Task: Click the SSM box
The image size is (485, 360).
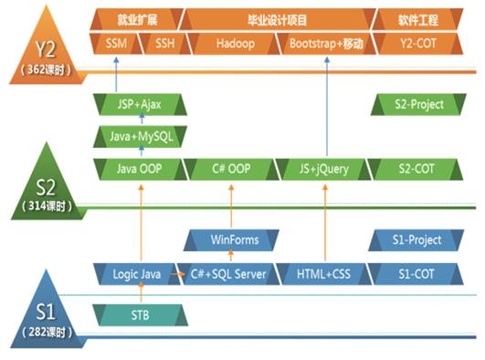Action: [x=115, y=44]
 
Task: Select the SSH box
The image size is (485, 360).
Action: [x=163, y=44]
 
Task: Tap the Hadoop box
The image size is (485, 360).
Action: [x=235, y=44]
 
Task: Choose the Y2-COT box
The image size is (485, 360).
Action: [x=418, y=44]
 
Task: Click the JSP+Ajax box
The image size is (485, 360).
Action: [x=140, y=105]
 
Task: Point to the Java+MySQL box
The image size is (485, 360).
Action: [x=140, y=136]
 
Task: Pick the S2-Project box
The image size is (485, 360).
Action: [x=418, y=105]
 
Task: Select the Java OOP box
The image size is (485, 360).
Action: [x=140, y=169]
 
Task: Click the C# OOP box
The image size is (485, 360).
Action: [x=231, y=169]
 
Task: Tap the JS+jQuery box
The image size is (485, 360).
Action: [x=323, y=169]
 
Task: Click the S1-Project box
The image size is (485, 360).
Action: [x=416, y=240]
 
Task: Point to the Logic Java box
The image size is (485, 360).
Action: [x=137, y=274]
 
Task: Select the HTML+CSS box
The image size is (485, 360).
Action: [x=323, y=274]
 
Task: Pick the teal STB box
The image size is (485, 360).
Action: [x=140, y=315]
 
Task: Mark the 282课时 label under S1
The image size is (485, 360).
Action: [x=47, y=332]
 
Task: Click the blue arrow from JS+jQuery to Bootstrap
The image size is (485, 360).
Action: [x=327, y=106]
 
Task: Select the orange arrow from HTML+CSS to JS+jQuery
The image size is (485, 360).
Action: [x=325, y=223]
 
